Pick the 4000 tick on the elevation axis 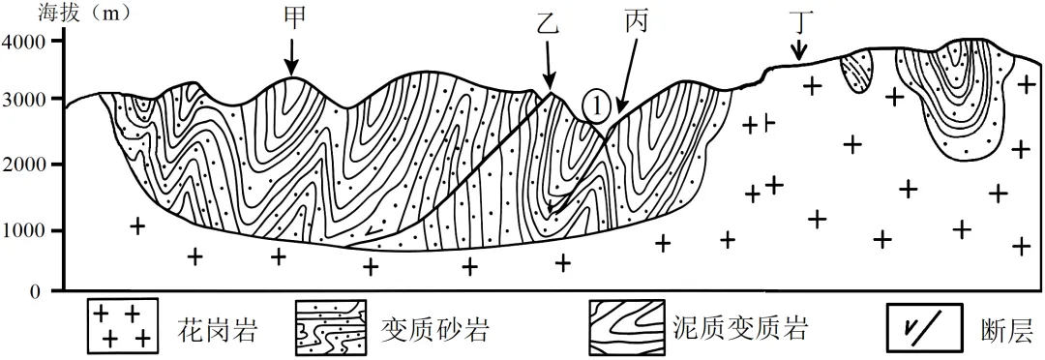(25, 42)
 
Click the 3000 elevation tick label (25, 100)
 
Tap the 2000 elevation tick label (25, 165)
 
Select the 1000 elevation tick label (25, 231)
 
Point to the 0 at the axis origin (33, 291)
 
